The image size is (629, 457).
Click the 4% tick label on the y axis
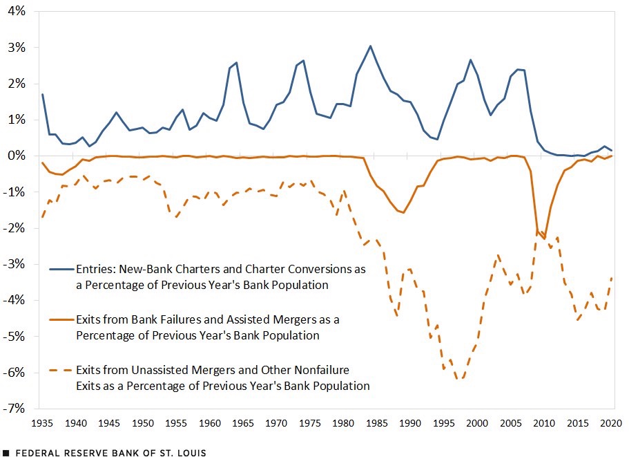tap(17, 11)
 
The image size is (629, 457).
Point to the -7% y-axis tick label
tap(14, 409)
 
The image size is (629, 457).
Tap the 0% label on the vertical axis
tap(17, 156)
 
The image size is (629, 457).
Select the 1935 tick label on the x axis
tap(42, 423)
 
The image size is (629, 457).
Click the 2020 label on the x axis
tap(610, 423)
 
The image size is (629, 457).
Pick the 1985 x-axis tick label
tap(377, 423)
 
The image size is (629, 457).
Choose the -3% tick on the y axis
tap(14, 264)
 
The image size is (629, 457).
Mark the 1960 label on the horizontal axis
tap(209, 423)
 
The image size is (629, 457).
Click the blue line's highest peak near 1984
tap(370, 46)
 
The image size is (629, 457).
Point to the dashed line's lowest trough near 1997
tap(461, 378)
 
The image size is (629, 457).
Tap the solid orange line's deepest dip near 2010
tap(544, 239)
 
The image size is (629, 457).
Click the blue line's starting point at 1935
tap(42, 94)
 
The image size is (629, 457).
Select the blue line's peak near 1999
tap(471, 60)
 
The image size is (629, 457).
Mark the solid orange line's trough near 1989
tap(403, 212)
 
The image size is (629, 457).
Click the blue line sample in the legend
tap(61, 270)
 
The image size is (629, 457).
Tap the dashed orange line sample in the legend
tap(61, 371)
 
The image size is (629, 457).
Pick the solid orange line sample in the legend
tap(61, 319)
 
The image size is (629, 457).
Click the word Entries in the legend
tap(95, 269)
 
